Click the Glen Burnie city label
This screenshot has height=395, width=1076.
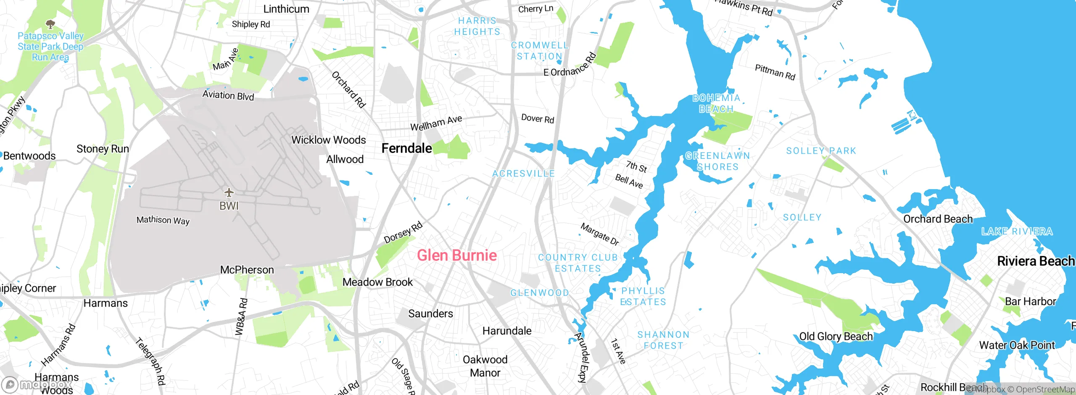(456, 255)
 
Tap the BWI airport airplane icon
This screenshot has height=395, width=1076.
(229, 192)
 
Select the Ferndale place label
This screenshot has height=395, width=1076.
(406, 148)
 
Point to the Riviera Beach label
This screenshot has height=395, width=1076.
(1035, 261)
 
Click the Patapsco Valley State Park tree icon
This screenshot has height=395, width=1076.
(50, 24)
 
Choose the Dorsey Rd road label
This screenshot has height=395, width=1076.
(403, 233)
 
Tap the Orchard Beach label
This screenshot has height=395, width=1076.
(938, 219)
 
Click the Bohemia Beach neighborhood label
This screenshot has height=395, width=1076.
(716, 103)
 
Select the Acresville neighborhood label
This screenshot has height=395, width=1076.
(523, 174)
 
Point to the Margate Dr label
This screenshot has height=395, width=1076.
(599, 234)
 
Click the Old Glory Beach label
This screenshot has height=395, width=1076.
(836, 337)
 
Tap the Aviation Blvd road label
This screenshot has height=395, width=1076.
(228, 95)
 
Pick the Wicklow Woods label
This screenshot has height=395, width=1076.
(328, 140)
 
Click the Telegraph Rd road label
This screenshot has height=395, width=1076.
(150, 361)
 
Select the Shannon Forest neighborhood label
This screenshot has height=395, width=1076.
(663, 340)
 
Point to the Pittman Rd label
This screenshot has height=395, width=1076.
(775, 72)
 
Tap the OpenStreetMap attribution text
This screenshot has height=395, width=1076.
(1041, 390)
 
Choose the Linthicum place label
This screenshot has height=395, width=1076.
(286, 9)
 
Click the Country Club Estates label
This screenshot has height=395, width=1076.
(578, 263)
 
